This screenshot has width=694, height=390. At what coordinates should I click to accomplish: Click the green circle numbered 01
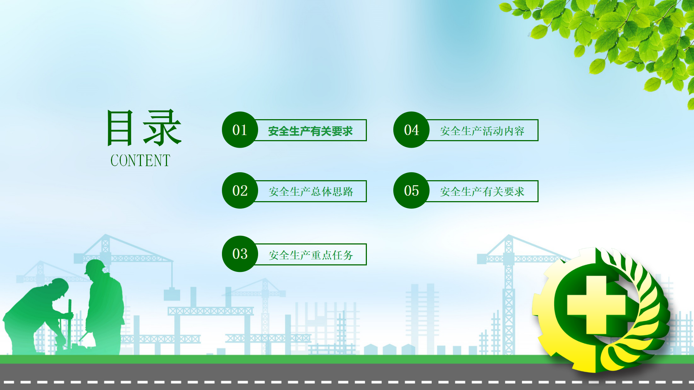[x=240, y=130]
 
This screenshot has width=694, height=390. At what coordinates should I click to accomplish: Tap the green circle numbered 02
[x=240, y=190]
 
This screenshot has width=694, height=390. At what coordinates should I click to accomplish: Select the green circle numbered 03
[x=240, y=254]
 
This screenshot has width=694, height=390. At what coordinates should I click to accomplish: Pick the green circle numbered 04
[x=411, y=130]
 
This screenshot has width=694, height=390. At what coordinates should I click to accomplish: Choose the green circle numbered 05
[x=411, y=190]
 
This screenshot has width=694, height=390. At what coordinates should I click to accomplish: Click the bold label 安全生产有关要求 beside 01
[x=310, y=131]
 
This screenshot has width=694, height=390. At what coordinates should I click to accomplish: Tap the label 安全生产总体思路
[x=311, y=192]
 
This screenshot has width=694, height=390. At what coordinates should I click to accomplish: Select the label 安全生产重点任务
[x=311, y=255]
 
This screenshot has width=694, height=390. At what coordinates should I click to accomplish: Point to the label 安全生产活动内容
[x=482, y=131]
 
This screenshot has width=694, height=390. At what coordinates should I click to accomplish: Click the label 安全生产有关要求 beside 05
[x=482, y=192]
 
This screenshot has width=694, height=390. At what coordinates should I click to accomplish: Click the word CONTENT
[x=140, y=161]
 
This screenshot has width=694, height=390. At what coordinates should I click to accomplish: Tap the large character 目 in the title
[x=120, y=128]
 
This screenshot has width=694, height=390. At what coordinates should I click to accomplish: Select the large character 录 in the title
[x=162, y=128]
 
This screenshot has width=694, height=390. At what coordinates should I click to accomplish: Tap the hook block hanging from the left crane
[x=172, y=294]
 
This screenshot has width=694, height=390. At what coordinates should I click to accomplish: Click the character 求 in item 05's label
[x=519, y=192]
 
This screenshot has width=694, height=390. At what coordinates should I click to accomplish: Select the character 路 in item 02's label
[x=348, y=192]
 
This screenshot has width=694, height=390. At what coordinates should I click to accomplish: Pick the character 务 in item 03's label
[x=348, y=255]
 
